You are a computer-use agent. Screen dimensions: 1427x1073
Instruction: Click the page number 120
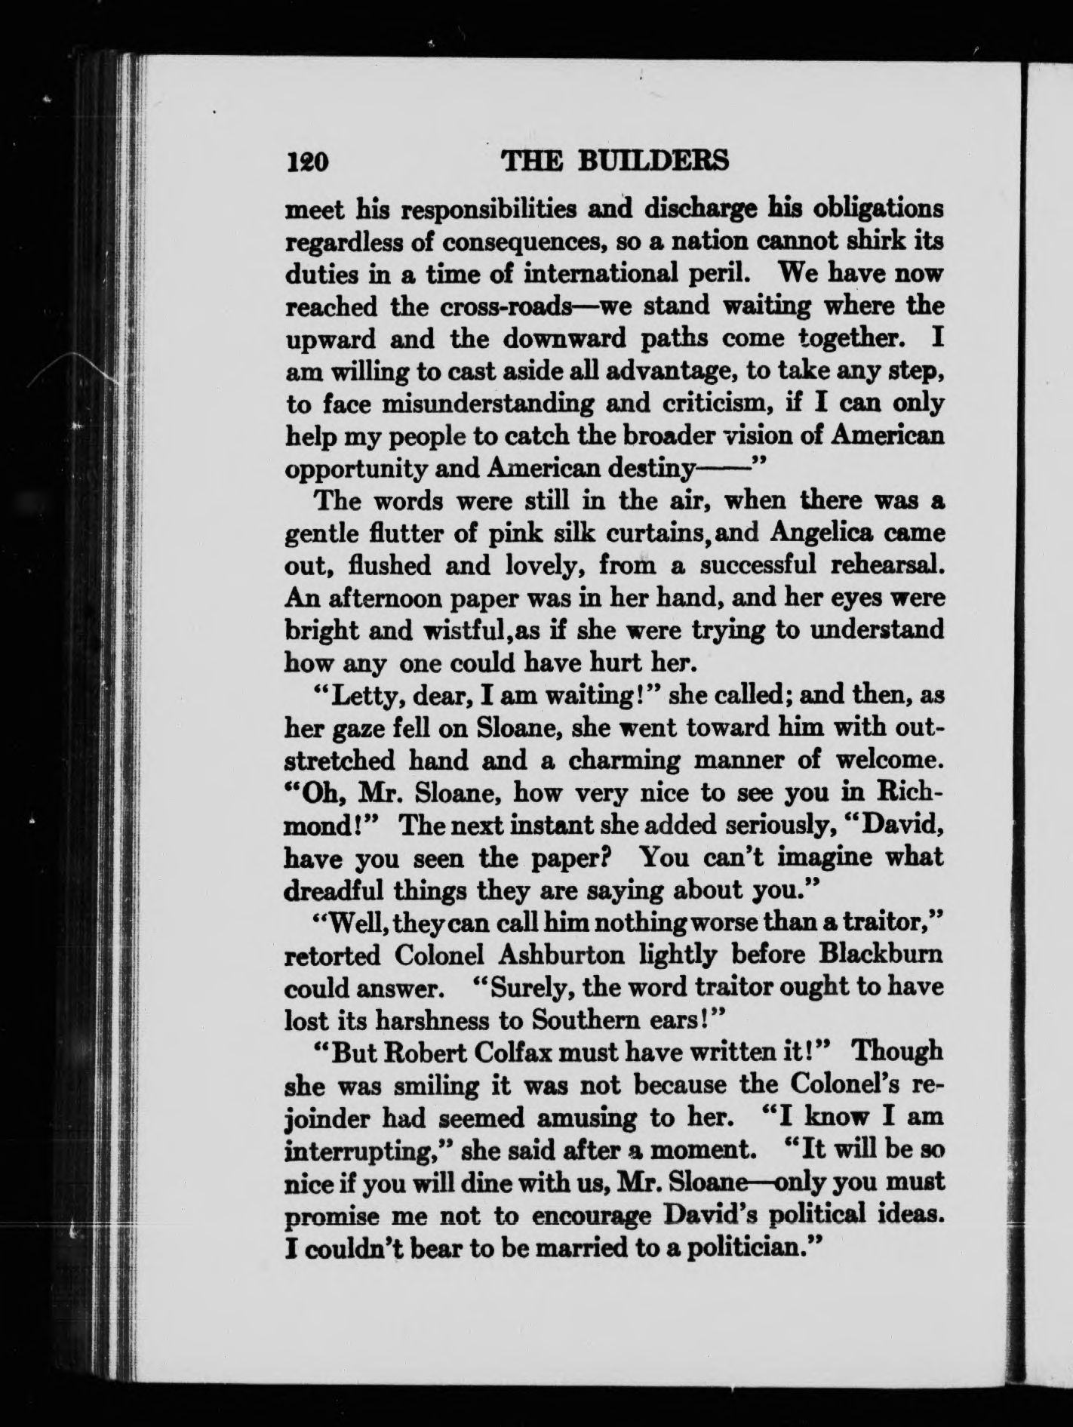point(306,161)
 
